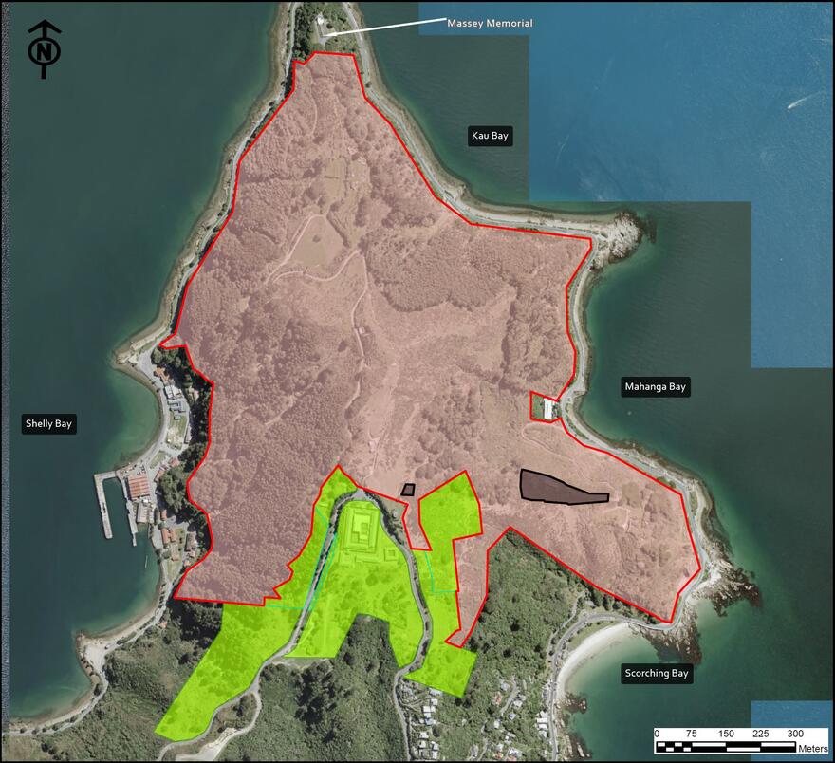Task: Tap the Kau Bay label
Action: tap(490, 136)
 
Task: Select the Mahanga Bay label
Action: tap(655, 386)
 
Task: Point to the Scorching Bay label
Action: tap(657, 674)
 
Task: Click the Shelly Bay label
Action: tap(48, 424)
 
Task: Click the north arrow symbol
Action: tap(43, 49)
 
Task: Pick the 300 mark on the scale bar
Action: tap(795, 734)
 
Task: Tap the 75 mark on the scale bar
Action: tap(692, 734)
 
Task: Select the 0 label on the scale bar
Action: tap(658, 734)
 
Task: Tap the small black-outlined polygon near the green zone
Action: tap(408, 490)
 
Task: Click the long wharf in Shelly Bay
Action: tap(103, 504)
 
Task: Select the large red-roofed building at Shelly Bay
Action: tap(139, 487)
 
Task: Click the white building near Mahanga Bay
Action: tap(547, 410)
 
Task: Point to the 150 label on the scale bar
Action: tap(726, 734)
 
